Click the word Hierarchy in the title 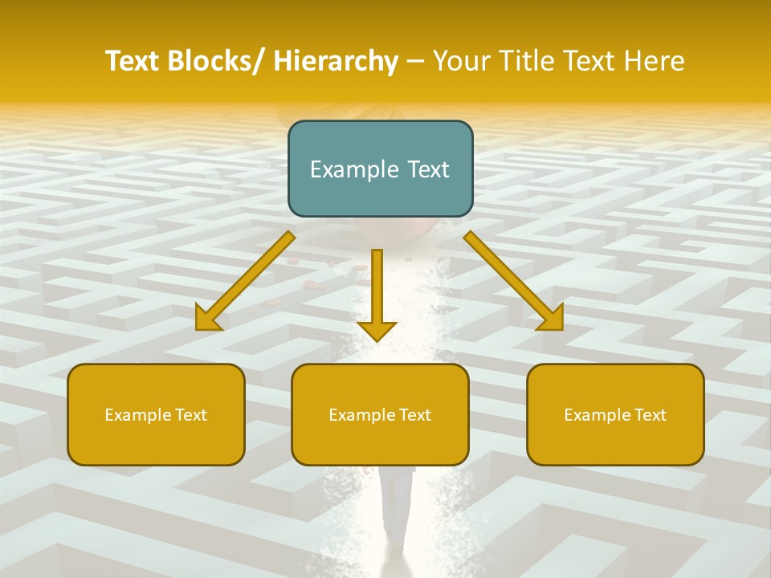pos(336,61)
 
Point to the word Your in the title pos(462,61)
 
